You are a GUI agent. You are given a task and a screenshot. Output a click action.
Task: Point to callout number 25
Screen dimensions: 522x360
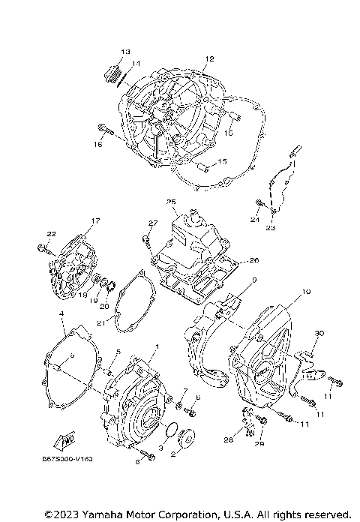pos(171,202)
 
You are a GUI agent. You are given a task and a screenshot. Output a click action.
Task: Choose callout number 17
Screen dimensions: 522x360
pos(95,220)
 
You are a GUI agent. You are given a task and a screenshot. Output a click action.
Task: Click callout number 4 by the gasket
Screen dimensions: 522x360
pos(61,314)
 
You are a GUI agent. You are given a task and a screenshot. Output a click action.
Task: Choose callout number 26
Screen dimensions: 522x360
pos(253,260)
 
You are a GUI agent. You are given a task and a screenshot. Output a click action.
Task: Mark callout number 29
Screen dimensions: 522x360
pos(259,445)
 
